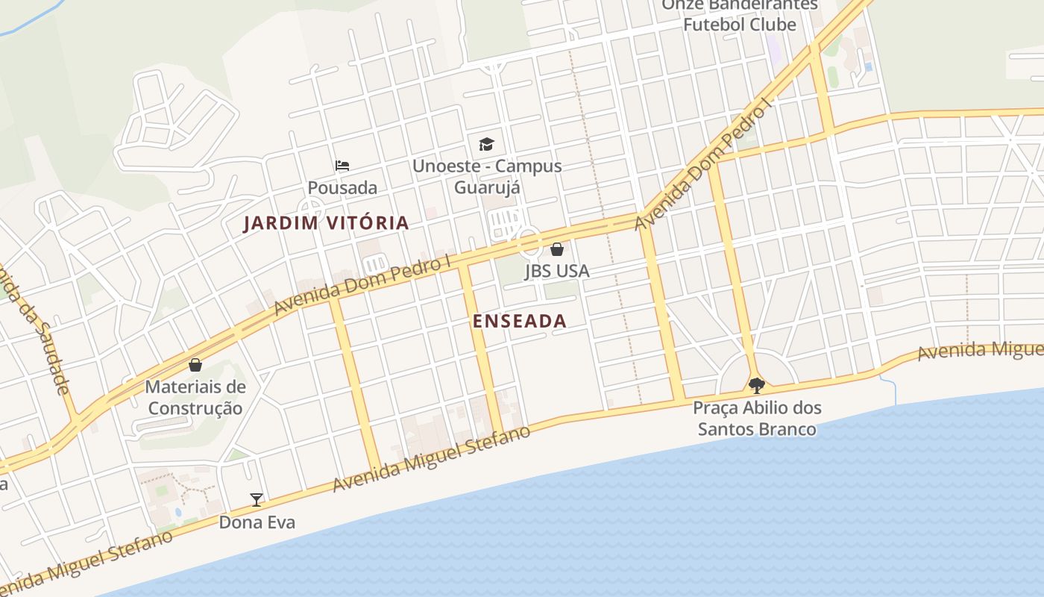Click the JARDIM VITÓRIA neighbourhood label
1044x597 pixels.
click(x=327, y=222)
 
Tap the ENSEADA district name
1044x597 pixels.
click(x=520, y=321)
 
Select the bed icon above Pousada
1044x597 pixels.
click(x=342, y=165)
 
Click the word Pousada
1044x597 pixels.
click(x=342, y=187)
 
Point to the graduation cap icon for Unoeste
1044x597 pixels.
click(x=486, y=143)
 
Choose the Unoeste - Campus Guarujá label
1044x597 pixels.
click(x=487, y=176)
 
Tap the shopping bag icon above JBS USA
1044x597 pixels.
click(x=557, y=249)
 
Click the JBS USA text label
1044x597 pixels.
click(x=557, y=271)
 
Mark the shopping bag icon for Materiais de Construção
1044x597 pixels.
click(x=195, y=365)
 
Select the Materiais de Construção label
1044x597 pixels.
click(x=195, y=398)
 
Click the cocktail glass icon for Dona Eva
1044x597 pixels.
click(x=257, y=500)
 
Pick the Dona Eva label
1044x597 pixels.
click(x=257, y=522)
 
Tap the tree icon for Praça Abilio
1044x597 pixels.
click(x=757, y=386)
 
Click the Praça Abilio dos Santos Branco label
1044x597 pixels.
click(x=757, y=419)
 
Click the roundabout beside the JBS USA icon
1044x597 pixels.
click(x=529, y=243)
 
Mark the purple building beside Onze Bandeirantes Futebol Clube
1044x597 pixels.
click(x=774, y=49)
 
